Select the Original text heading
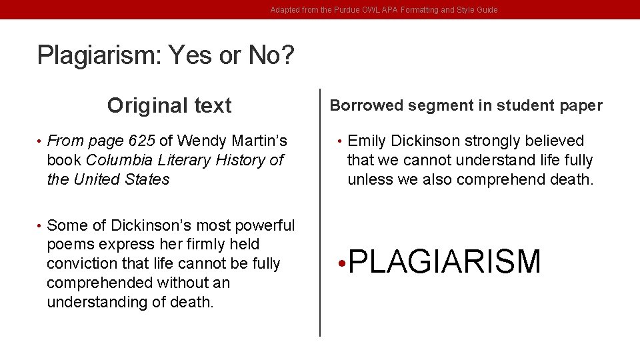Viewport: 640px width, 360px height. (x=169, y=105)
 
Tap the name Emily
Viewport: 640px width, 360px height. (x=367, y=141)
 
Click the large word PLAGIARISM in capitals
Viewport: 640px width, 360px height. (x=445, y=261)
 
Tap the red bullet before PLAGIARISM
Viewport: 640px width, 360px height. (x=341, y=263)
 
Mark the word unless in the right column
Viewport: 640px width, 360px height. (x=367, y=179)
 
